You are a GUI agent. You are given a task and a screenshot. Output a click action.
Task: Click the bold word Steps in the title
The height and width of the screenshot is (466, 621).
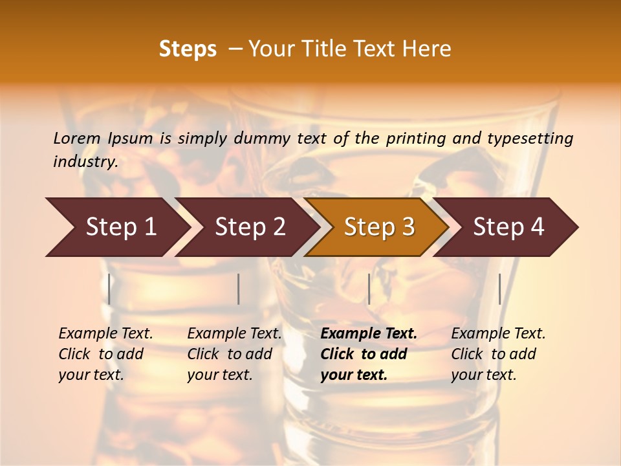(188, 49)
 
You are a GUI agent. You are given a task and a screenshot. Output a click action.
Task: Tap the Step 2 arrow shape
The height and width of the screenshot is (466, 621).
(250, 227)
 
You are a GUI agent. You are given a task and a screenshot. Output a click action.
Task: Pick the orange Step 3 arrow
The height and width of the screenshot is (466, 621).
(379, 227)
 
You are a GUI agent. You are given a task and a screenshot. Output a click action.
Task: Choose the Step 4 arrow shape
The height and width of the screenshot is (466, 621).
(508, 227)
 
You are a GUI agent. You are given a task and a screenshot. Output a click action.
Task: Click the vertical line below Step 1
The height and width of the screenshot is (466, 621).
(109, 289)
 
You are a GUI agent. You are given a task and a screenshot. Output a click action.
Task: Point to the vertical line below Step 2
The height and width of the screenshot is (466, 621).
(239, 289)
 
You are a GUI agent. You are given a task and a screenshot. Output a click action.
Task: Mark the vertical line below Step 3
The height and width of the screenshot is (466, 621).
(369, 289)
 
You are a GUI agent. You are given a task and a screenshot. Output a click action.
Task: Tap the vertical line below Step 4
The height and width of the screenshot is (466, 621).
(499, 289)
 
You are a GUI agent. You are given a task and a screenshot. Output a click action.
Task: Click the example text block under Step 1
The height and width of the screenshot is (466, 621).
(105, 354)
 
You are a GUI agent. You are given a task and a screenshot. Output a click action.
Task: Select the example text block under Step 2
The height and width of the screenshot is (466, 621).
(234, 354)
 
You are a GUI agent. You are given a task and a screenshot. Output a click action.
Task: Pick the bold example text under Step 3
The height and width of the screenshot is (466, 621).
(369, 354)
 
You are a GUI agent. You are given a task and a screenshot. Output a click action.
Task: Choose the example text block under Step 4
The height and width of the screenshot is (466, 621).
(498, 354)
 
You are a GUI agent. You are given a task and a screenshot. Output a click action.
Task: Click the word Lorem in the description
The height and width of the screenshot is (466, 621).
(77, 139)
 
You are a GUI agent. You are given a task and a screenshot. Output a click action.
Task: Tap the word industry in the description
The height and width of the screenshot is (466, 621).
(85, 162)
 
